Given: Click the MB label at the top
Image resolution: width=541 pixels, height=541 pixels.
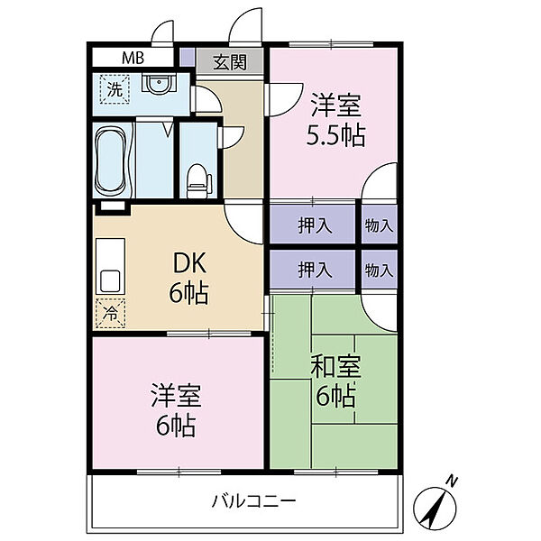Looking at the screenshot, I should tap(133, 58).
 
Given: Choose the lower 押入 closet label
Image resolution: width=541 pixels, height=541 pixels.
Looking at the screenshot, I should tap(314, 269).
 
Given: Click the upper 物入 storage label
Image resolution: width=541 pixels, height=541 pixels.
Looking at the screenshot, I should tap(380, 226).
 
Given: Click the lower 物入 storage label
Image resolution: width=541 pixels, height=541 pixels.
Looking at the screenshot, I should tap(380, 269).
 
